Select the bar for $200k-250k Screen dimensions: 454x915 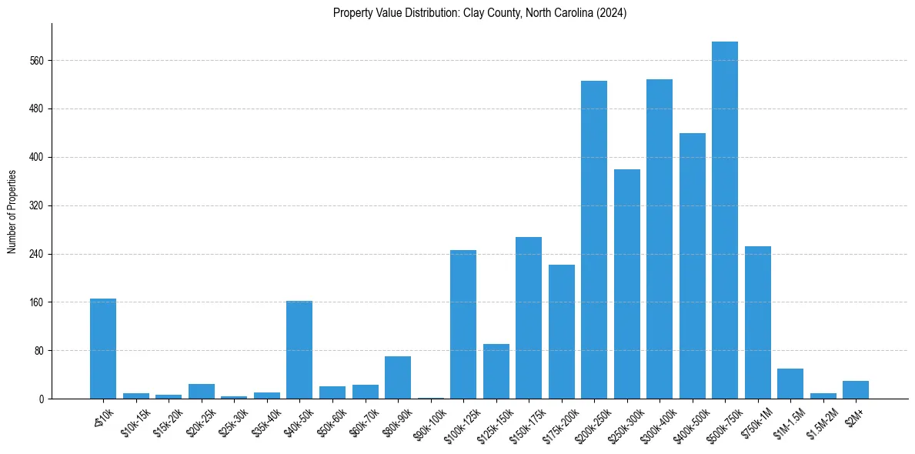pyautogui.click(x=594, y=239)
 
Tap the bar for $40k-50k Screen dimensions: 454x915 pyautogui.click(x=299, y=349)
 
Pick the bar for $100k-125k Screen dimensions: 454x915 pyautogui.click(x=463, y=324)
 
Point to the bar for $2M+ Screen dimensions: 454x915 pyautogui.click(x=856, y=390)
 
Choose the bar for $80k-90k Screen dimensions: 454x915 pyautogui.click(x=398, y=377)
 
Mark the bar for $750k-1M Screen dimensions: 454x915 pyautogui.click(x=758, y=322)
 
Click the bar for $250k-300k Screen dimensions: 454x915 pyautogui.click(x=627, y=284)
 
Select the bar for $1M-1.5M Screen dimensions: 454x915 pyautogui.click(x=790, y=383)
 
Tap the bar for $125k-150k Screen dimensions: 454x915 pyautogui.click(x=496, y=371)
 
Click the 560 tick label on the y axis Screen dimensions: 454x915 pyautogui.click(x=37, y=61)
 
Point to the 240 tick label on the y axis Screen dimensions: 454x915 pyautogui.click(x=37, y=254)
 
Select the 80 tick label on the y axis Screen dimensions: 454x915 pyautogui.click(x=39, y=351)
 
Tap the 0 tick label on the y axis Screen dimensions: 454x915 pyautogui.click(x=42, y=399)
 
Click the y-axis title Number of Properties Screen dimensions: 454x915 pyautogui.click(x=12, y=212)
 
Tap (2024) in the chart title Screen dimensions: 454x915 pyautogui.click(x=613, y=13)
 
